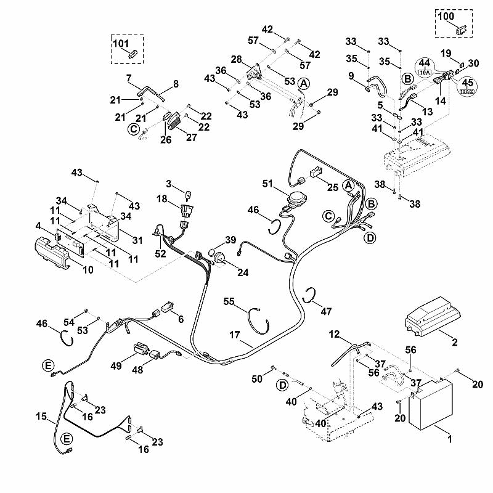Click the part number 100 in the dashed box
(x=446, y=16)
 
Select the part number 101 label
(x=121, y=43)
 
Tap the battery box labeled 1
(x=430, y=405)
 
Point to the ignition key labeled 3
(x=189, y=196)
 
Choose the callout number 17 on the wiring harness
(x=234, y=335)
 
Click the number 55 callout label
(x=229, y=301)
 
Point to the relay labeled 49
(x=141, y=349)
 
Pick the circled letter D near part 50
(x=283, y=386)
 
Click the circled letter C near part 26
(x=134, y=129)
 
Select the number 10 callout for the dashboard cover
(x=88, y=269)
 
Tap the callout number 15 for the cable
(x=41, y=417)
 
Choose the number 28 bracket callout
(x=237, y=59)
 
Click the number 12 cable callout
(x=334, y=334)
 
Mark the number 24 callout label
(x=243, y=272)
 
